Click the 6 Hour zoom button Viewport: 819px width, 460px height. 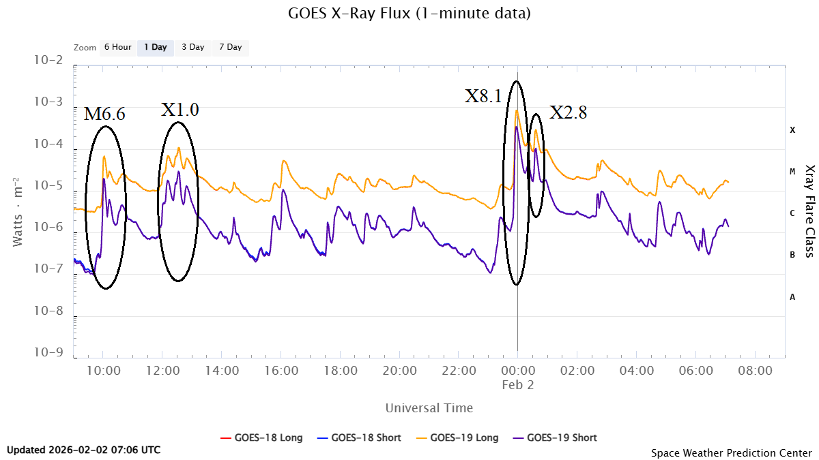117,48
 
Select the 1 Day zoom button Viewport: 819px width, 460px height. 155,48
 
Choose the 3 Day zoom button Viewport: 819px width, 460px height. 192,48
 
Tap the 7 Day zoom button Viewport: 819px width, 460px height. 230,48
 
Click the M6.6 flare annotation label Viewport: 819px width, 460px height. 104,114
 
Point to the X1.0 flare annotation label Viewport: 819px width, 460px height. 180,110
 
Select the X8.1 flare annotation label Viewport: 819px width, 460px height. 483,96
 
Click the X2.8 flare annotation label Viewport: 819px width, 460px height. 569,112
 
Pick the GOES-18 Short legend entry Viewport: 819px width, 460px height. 359,438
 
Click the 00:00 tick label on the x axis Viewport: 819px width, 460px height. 517,371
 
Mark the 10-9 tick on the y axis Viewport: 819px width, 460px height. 47,353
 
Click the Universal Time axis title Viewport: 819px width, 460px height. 429,408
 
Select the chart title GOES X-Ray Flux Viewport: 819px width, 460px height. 409,13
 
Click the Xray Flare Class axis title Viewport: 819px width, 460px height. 809,211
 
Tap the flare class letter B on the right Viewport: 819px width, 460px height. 792,255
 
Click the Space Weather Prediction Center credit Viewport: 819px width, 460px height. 731,453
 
